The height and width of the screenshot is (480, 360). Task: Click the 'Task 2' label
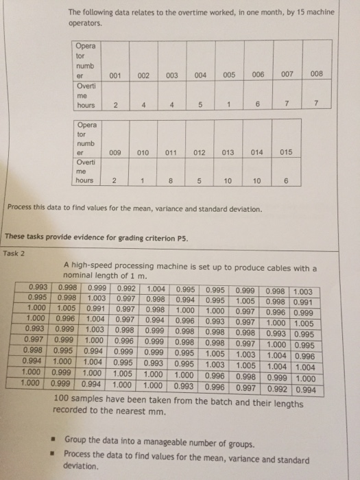click(x=14, y=252)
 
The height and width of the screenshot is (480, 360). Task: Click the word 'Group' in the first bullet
click(x=77, y=438)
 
